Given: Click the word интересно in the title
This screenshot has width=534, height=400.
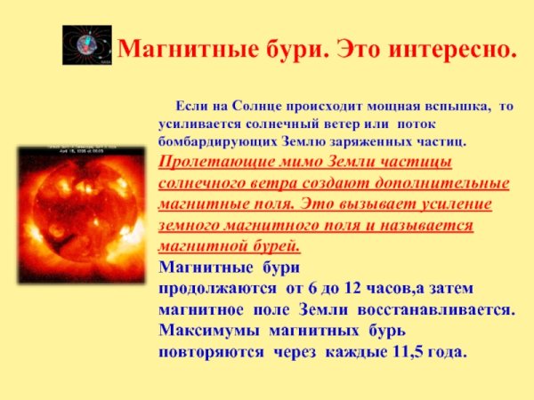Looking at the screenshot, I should pyautogui.click(x=458, y=46).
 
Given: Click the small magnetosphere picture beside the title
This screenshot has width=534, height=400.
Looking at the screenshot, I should pyautogui.click(x=86, y=44).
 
